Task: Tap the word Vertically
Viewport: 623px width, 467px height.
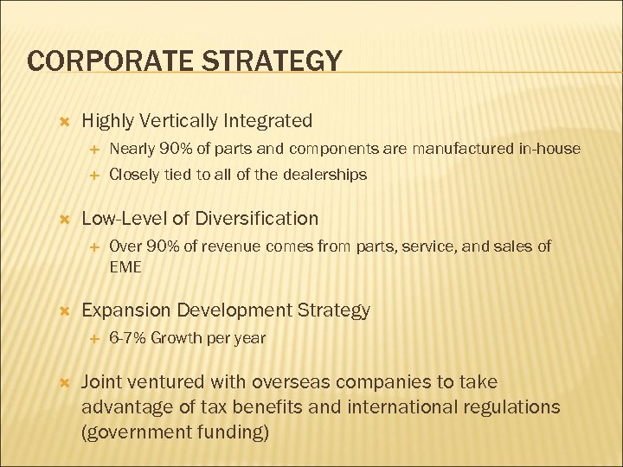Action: pyautogui.click(x=180, y=121)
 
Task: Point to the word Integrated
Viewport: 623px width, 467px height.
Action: pyautogui.click(x=270, y=121)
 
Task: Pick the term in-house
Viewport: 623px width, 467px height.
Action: pyautogui.click(x=549, y=149)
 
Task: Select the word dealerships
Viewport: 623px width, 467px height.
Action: pyautogui.click(x=323, y=175)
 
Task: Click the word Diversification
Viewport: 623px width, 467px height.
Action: pyautogui.click(x=257, y=218)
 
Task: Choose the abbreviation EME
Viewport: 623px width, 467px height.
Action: pyautogui.click(x=125, y=267)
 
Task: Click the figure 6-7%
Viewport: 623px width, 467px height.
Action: pyautogui.click(x=127, y=338)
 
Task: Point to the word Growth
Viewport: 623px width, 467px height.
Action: pyautogui.click(x=174, y=338)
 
